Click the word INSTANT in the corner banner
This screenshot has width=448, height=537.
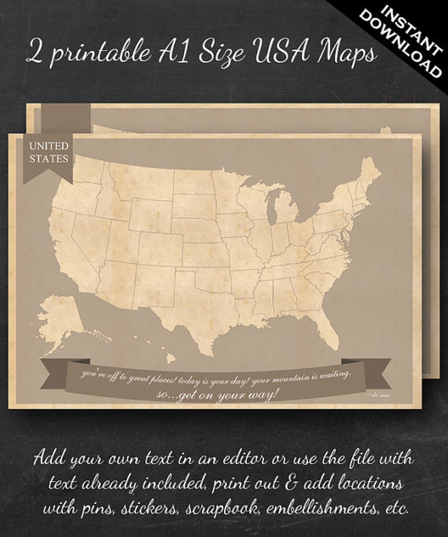pos(411,29)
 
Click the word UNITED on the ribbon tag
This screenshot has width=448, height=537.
pos(49,146)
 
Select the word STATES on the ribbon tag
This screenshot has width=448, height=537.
pos(49,159)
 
